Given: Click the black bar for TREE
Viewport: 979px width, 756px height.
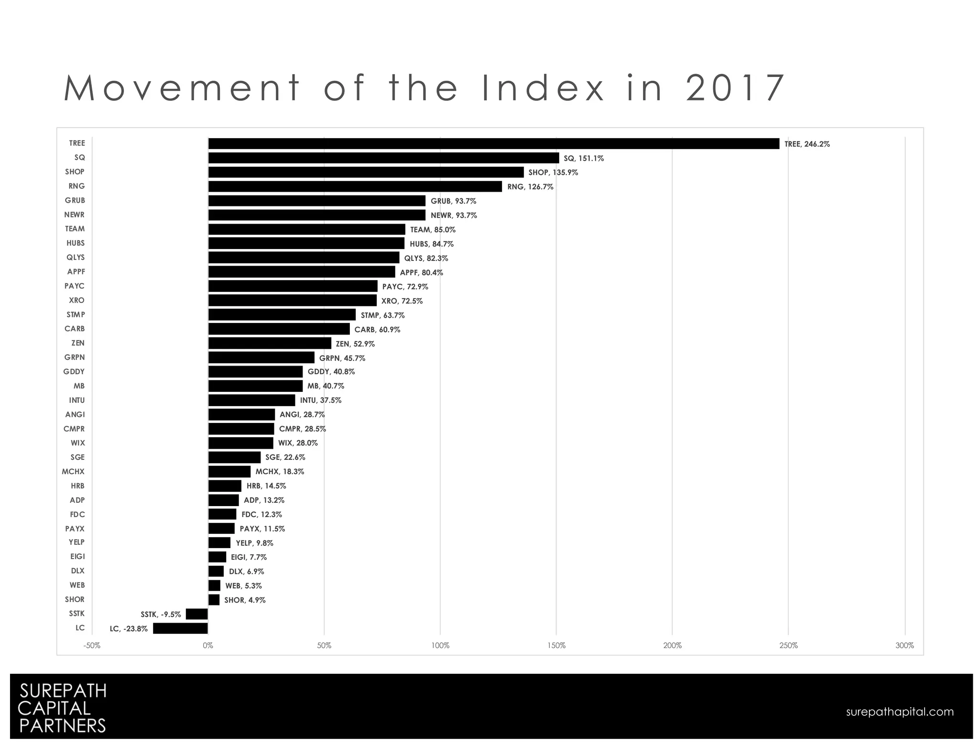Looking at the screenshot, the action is [493, 144].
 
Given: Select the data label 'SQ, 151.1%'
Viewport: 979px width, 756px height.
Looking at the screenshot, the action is [584, 158].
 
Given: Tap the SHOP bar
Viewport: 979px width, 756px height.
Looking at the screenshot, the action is [366, 173].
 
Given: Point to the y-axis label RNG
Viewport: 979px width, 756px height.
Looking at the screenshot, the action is [76, 186].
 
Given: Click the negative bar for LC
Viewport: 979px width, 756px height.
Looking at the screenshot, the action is [180, 628].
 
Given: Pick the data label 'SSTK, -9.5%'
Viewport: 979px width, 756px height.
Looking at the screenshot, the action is [161, 615].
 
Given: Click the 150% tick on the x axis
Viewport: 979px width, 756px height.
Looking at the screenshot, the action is [556, 646].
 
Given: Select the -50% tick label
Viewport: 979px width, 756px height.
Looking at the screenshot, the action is [92, 646].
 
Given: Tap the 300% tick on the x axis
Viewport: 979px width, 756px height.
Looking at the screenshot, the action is [904, 646].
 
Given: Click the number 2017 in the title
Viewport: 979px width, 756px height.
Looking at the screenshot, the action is [735, 88].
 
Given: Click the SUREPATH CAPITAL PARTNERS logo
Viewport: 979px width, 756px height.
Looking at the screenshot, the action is [62, 708].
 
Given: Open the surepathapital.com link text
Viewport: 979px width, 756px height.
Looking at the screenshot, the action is [900, 712].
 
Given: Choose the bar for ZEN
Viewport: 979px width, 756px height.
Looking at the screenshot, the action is [270, 343].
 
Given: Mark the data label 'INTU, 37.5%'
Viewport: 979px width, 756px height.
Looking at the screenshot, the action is [321, 400].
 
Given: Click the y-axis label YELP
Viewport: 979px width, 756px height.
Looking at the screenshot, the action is [76, 542].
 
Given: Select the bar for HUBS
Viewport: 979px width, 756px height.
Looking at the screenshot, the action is [306, 244].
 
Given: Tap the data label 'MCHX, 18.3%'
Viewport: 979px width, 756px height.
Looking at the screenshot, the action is [280, 472].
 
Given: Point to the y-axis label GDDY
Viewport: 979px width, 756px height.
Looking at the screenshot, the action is [74, 371].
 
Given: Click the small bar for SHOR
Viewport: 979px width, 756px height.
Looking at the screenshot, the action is [214, 600].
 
